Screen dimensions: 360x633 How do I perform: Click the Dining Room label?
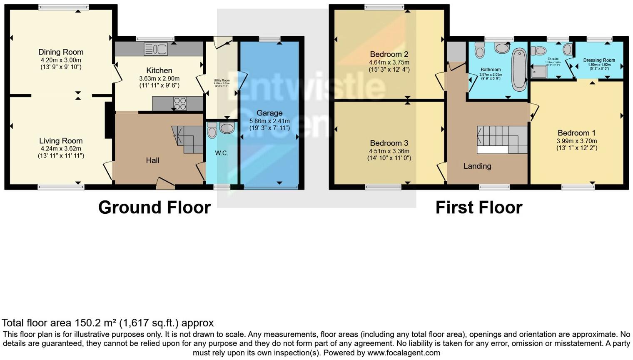pos(61,52)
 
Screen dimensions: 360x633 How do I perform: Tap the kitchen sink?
pos(156,49)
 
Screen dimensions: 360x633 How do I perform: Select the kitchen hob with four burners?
pos(180,103)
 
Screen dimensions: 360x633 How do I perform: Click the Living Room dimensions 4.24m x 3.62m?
pos(61,148)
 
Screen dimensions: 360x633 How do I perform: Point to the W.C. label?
pos(222,153)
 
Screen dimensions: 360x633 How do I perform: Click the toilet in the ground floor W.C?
pos(212,131)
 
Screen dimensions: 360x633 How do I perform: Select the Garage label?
pos(269,113)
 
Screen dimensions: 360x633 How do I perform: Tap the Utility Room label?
pos(222,80)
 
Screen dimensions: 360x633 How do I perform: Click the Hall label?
pos(152,160)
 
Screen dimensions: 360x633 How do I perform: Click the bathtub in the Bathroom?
pos(519,70)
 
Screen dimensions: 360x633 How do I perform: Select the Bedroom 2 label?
pos(389,54)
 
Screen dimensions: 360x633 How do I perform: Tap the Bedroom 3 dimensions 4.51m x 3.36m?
pos(389,151)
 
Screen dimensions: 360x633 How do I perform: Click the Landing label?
pos(477,166)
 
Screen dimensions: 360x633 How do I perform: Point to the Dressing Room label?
pos(599,60)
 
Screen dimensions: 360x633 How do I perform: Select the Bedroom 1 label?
pos(576,133)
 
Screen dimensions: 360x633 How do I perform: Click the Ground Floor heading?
pos(155,207)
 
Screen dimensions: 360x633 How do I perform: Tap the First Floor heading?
pos(478,207)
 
